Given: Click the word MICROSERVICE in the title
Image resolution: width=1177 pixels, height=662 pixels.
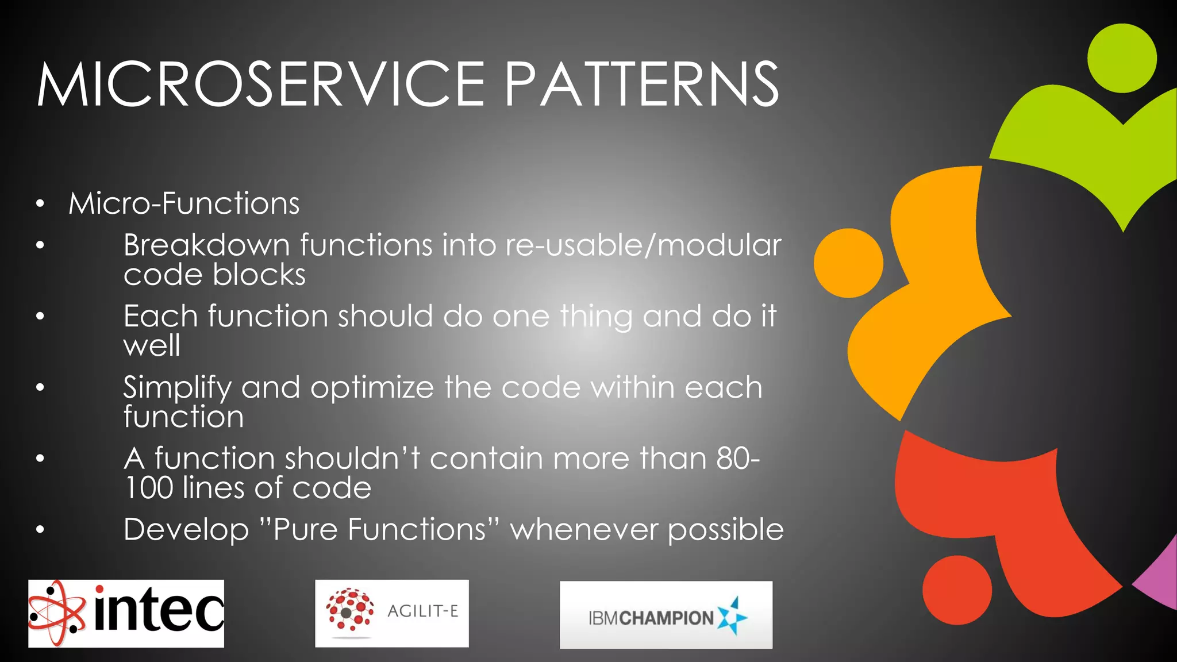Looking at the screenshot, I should click(261, 85).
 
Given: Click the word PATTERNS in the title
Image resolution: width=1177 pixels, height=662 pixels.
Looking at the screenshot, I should click(641, 85).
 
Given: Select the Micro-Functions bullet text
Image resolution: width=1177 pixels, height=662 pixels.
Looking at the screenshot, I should click(184, 203).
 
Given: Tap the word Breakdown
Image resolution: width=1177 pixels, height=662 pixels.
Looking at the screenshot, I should click(206, 245).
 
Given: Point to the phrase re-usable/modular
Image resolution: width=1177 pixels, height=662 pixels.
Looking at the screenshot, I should click(643, 245).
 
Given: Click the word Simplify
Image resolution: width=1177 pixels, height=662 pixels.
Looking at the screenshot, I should click(176, 388).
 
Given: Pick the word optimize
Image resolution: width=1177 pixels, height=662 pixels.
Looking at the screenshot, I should click(372, 388).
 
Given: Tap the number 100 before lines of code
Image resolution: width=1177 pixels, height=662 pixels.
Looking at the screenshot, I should click(148, 488).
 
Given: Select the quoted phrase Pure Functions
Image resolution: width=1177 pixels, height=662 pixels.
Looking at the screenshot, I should click(379, 530).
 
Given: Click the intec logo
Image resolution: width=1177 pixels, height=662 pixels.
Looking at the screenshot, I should click(126, 613).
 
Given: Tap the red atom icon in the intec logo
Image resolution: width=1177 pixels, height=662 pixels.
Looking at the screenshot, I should click(56, 613).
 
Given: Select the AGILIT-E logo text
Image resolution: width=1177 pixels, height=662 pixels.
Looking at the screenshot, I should click(422, 611).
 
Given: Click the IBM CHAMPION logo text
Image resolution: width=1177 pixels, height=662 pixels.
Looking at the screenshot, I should click(651, 618).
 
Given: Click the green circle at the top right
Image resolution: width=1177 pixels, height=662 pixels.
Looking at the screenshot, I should click(1122, 58).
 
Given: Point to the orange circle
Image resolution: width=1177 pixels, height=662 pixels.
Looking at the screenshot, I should click(848, 263).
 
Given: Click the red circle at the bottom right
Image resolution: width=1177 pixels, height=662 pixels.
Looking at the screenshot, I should click(957, 590).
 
